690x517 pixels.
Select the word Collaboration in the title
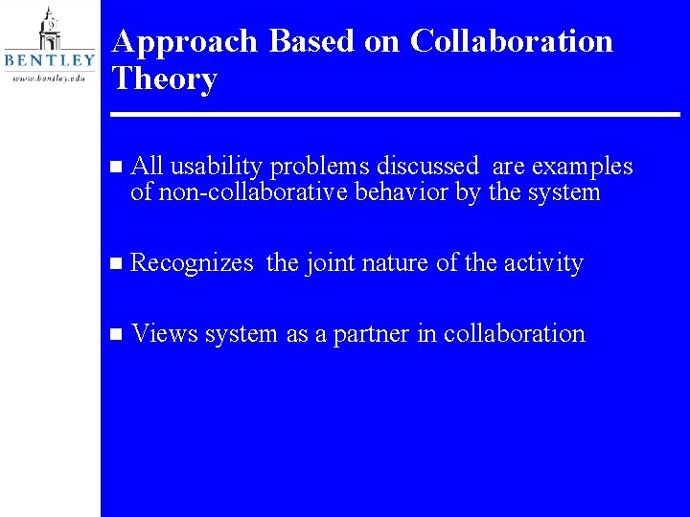point(512,41)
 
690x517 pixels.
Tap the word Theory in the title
point(165,79)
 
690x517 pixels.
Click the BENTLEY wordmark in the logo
point(50,60)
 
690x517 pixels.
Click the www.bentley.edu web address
point(50,78)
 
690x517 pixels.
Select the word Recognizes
point(192,263)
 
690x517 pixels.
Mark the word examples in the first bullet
point(582,168)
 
